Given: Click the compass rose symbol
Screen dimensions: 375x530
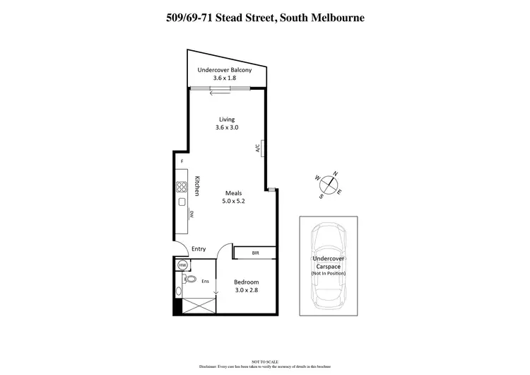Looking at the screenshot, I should (329, 184).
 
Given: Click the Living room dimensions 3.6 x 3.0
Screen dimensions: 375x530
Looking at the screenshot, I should (227, 128).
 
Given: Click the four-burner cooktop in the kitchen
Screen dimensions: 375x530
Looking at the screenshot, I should (182, 187).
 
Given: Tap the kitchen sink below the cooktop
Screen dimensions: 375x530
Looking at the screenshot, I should (182, 202).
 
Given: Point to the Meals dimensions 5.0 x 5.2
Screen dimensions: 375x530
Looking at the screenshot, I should (235, 201).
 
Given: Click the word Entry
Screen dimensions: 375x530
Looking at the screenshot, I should (199, 248).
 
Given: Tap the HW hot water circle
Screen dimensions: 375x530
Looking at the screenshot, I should (182, 265).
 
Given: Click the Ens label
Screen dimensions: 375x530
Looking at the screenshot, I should (206, 282).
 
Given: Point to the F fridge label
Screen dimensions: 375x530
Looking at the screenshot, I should (182, 162).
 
